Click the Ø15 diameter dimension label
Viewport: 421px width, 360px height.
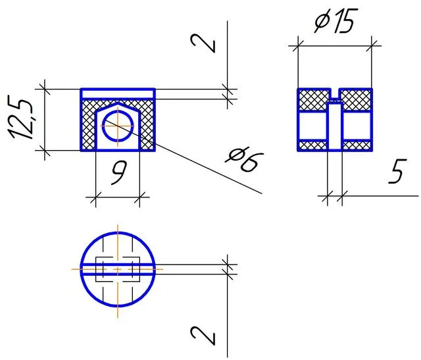336,20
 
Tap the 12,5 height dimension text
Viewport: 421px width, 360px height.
21,117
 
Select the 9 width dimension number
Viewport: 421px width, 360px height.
118,172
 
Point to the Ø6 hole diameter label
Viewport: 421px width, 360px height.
244,159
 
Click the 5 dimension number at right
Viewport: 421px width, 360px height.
397,171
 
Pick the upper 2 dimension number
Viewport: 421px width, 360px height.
203,43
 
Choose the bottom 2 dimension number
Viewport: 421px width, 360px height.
203,335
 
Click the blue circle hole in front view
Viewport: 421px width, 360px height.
118,126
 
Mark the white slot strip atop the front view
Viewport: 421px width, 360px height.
118,94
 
